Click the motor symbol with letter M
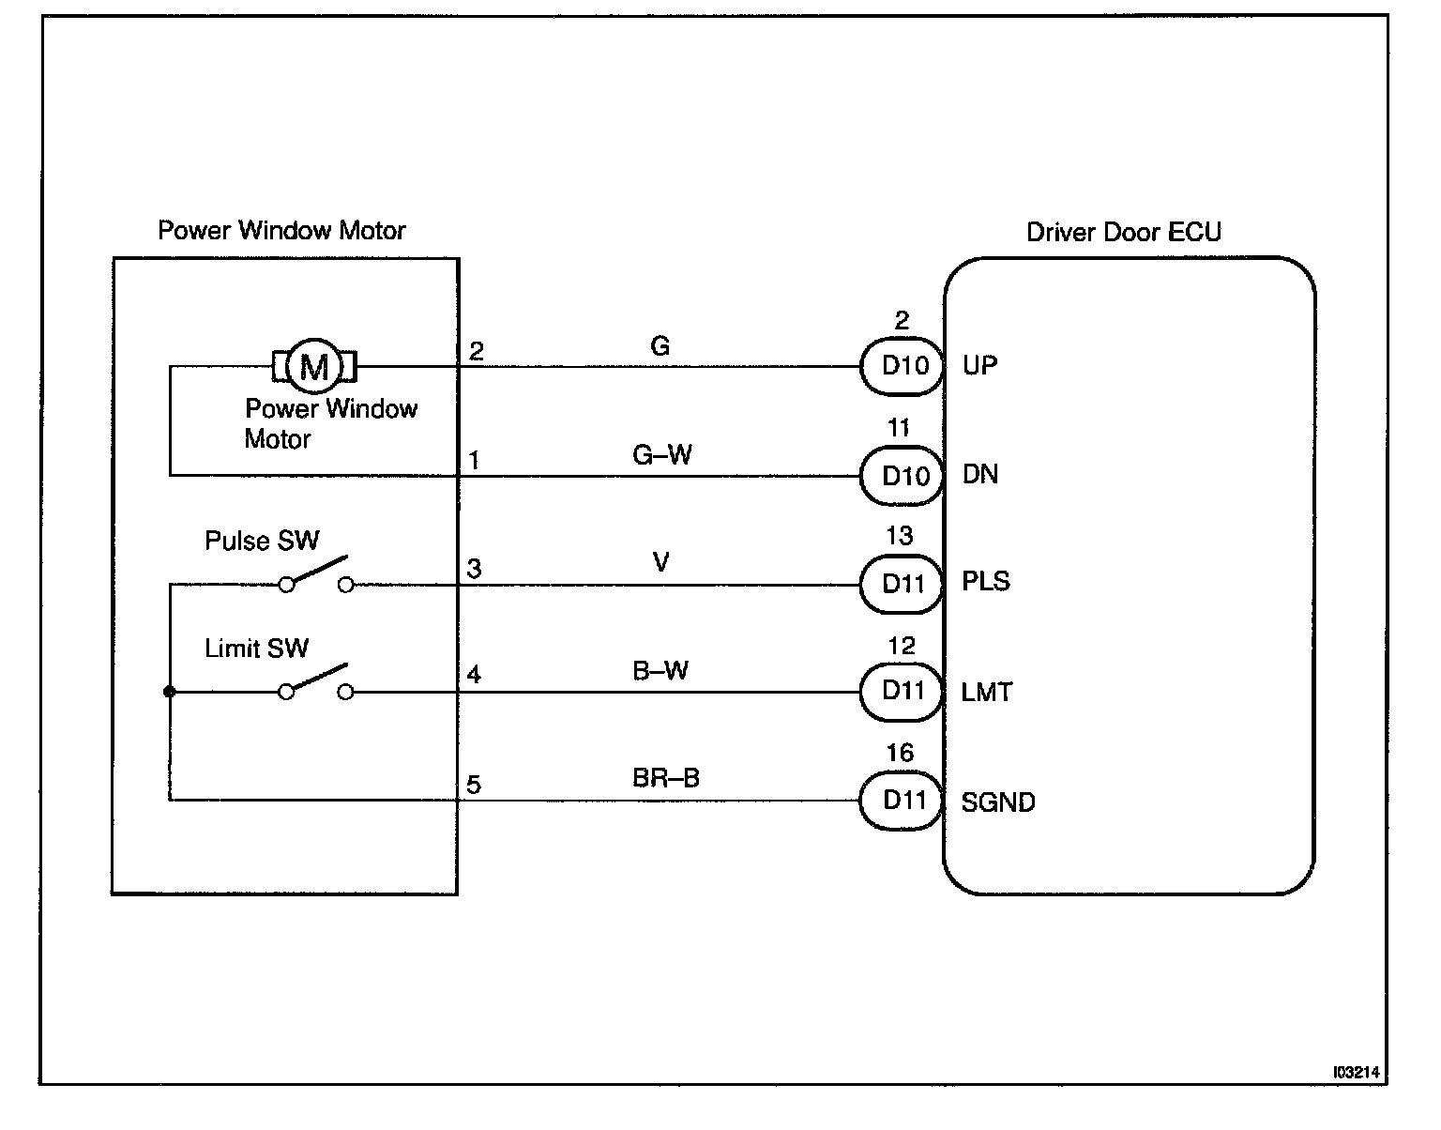[x=314, y=366]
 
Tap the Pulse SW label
[x=262, y=541]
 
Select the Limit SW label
[x=257, y=648]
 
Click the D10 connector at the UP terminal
[x=902, y=366]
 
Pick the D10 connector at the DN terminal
[x=902, y=476]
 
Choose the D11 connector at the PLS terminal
[x=902, y=584]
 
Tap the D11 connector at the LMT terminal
[x=902, y=692]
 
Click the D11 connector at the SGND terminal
[x=902, y=801]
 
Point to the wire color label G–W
[x=661, y=455]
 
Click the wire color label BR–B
[x=666, y=777]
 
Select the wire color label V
[x=660, y=562]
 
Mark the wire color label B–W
[x=660, y=670]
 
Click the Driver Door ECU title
[x=1123, y=232]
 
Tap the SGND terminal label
[x=998, y=802]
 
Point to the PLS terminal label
[x=986, y=582]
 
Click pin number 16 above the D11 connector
[x=901, y=753]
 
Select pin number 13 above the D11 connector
[x=900, y=535]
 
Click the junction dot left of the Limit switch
[x=169, y=692]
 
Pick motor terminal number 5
[x=474, y=786]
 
